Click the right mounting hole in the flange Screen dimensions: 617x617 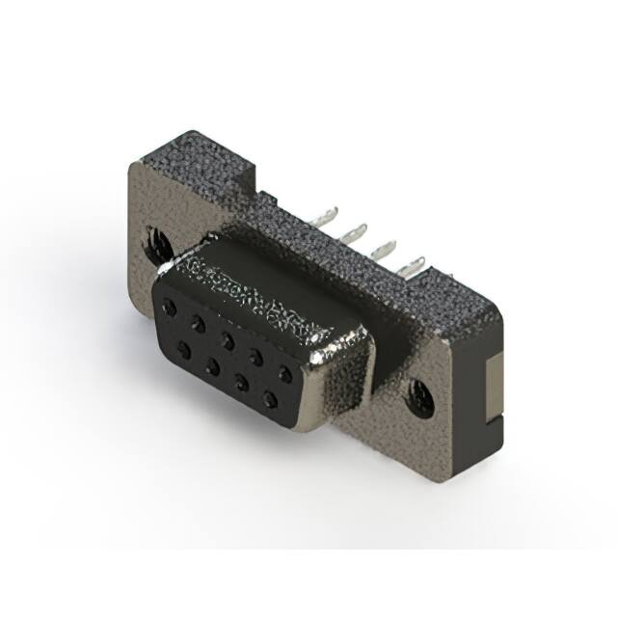421,395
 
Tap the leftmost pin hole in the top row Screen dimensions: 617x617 171,308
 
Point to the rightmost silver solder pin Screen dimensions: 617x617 415,262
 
